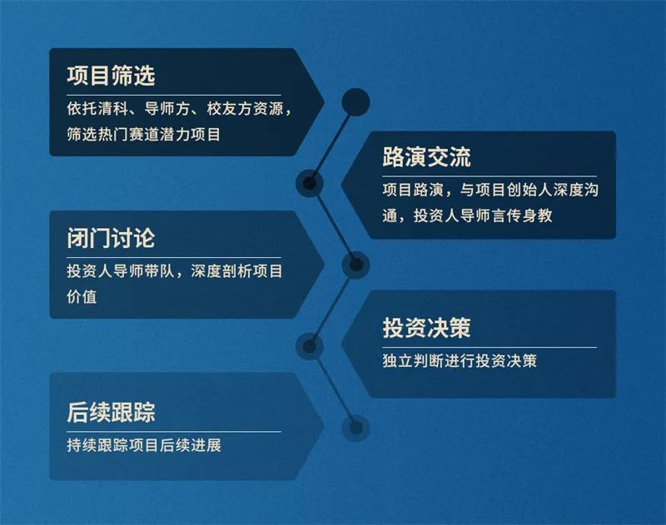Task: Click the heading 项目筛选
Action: (111, 77)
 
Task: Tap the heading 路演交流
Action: (426, 157)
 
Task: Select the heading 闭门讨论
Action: (111, 239)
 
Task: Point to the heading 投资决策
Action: (426, 327)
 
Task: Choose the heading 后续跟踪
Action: (111, 411)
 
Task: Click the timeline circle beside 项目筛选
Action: (355, 102)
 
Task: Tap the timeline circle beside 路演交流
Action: (310, 182)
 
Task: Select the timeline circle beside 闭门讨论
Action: (355, 265)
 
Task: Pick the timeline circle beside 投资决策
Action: (310, 344)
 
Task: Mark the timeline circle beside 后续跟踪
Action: (355, 427)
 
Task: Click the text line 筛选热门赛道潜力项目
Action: (143, 133)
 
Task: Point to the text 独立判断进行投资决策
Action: (460, 362)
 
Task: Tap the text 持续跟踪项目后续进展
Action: (143, 445)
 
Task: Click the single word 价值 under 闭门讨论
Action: (82, 295)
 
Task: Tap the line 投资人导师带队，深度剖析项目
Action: (175, 271)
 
